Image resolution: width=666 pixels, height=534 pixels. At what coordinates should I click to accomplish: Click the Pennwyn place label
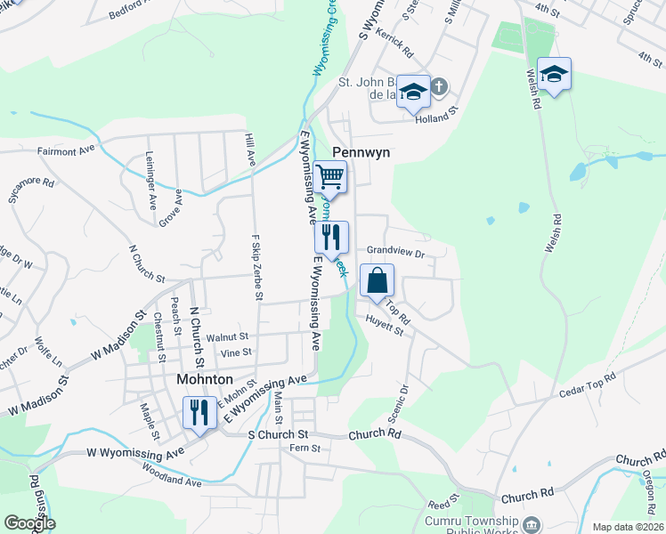coord(361,153)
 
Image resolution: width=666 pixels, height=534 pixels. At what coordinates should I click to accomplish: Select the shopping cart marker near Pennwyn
coord(329,178)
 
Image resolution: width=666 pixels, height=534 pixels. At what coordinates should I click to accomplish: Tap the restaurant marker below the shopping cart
coord(330,238)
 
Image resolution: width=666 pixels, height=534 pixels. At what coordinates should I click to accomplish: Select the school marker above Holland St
coord(413,92)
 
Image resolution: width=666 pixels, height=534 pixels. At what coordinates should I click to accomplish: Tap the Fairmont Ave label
coord(66,151)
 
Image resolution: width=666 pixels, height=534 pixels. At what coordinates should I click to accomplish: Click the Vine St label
coord(236,352)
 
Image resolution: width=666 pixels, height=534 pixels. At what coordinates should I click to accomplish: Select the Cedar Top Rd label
coord(588,386)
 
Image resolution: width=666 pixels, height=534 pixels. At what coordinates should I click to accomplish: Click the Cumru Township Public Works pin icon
coord(532,523)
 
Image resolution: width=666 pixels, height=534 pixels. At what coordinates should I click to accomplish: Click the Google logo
coord(29,523)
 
